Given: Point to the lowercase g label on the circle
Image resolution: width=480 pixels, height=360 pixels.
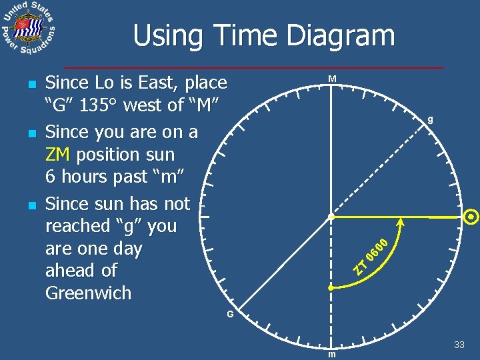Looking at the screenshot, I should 431,120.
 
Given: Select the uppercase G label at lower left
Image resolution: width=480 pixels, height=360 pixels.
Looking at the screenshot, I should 229,314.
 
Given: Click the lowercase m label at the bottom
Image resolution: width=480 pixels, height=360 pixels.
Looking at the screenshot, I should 331,354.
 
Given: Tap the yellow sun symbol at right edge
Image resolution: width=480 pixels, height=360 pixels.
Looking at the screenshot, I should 471,217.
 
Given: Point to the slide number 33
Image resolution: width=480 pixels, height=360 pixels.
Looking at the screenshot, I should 459,345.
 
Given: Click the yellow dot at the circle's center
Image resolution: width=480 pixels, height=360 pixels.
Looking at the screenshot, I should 331,217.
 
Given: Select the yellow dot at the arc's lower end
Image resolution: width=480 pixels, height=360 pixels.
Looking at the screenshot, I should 331,288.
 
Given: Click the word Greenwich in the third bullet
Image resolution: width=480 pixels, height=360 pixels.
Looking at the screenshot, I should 88,293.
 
